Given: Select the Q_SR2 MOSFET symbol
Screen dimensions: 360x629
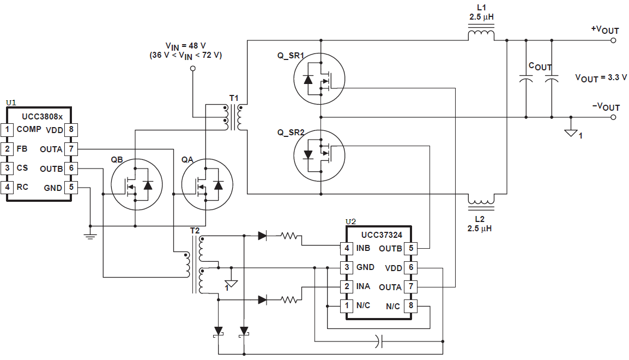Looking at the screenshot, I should pos(319,154).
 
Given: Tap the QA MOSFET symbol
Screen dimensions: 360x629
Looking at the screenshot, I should pos(207,185).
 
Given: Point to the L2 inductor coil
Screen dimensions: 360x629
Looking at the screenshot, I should pos(481,202).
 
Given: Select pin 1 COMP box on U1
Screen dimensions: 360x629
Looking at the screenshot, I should pos(8,130).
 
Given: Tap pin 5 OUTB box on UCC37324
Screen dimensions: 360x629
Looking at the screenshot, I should pos(411,249).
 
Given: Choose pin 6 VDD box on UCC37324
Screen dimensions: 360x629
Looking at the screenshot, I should pos(411,268).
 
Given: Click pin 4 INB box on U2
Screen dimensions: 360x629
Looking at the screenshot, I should pos(346,249).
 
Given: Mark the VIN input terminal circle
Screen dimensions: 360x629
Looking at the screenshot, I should pos(192,68).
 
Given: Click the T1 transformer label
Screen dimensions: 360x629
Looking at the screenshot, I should pos(234,98).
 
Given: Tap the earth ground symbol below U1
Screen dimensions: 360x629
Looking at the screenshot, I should pos(89,236).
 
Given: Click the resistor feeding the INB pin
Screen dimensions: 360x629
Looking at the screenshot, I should pos(290,236).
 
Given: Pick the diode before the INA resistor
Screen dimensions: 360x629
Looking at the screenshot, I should pos(262,299).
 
